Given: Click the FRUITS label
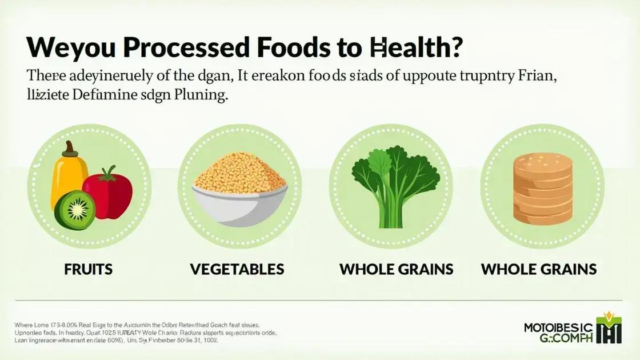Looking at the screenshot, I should click(x=89, y=269).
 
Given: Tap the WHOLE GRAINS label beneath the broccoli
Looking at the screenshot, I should click(x=397, y=269).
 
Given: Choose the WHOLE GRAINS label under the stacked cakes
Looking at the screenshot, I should click(x=539, y=269).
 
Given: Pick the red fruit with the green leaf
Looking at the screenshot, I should click(x=108, y=188).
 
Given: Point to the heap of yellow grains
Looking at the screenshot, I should click(x=239, y=166).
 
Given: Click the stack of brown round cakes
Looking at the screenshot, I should click(x=538, y=182).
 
